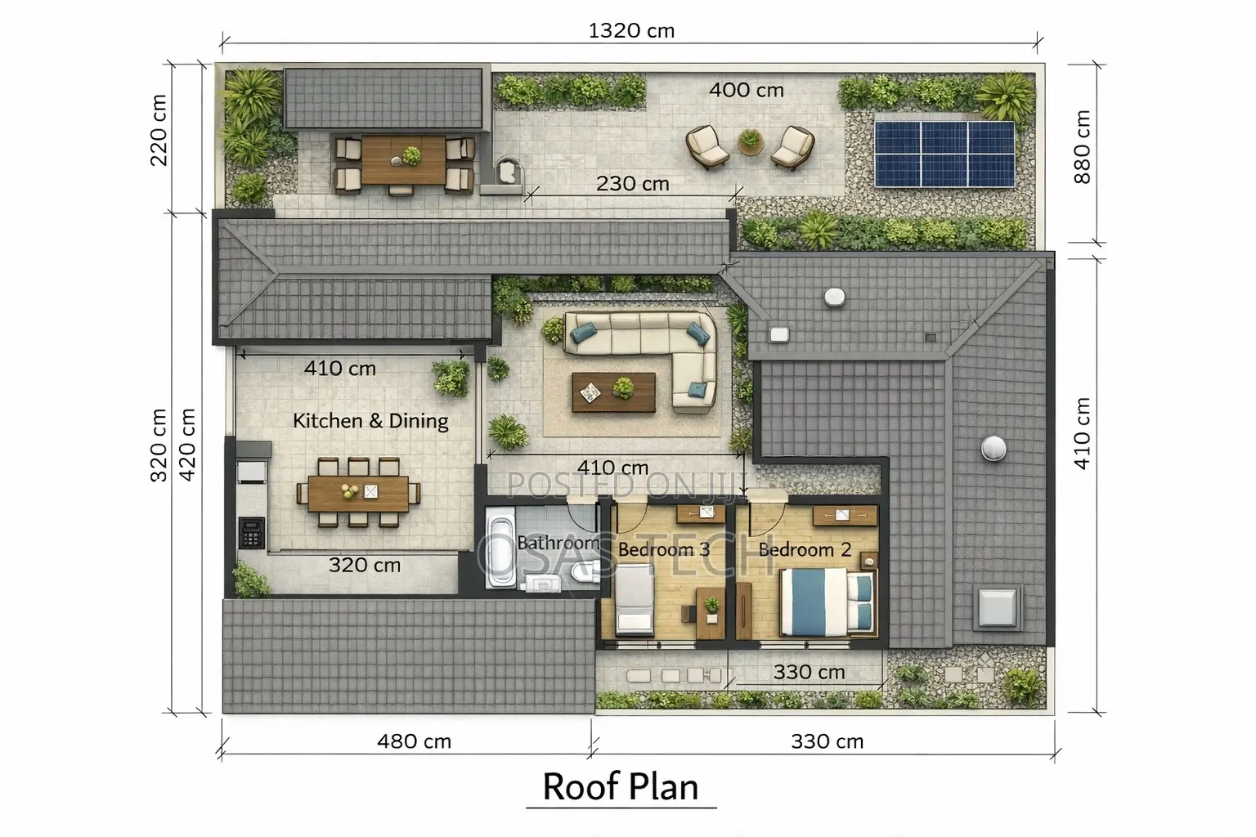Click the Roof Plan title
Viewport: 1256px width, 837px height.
click(621, 786)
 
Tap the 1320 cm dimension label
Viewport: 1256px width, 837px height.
click(631, 31)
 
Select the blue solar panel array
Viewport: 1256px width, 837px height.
click(944, 154)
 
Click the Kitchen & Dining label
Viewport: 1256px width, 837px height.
click(370, 420)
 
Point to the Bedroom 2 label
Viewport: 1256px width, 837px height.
click(805, 549)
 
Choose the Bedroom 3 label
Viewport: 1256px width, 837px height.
click(664, 549)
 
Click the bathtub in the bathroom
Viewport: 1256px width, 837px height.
click(500, 548)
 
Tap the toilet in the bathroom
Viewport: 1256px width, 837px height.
click(582, 574)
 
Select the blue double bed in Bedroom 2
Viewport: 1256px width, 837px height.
click(827, 602)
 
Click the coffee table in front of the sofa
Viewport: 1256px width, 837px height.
click(613, 392)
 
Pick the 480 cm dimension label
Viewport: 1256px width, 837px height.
click(414, 741)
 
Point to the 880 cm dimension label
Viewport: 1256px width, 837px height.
click(1082, 147)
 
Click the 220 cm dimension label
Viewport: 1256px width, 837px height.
click(159, 130)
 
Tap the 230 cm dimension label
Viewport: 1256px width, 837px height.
click(632, 184)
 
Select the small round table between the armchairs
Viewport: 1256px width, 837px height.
click(750, 142)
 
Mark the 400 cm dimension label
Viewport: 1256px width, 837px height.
click(747, 90)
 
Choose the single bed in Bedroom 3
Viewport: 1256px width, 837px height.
click(635, 599)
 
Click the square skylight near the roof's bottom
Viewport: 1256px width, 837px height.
click(998, 607)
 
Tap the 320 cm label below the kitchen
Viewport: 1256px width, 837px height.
click(365, 565)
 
